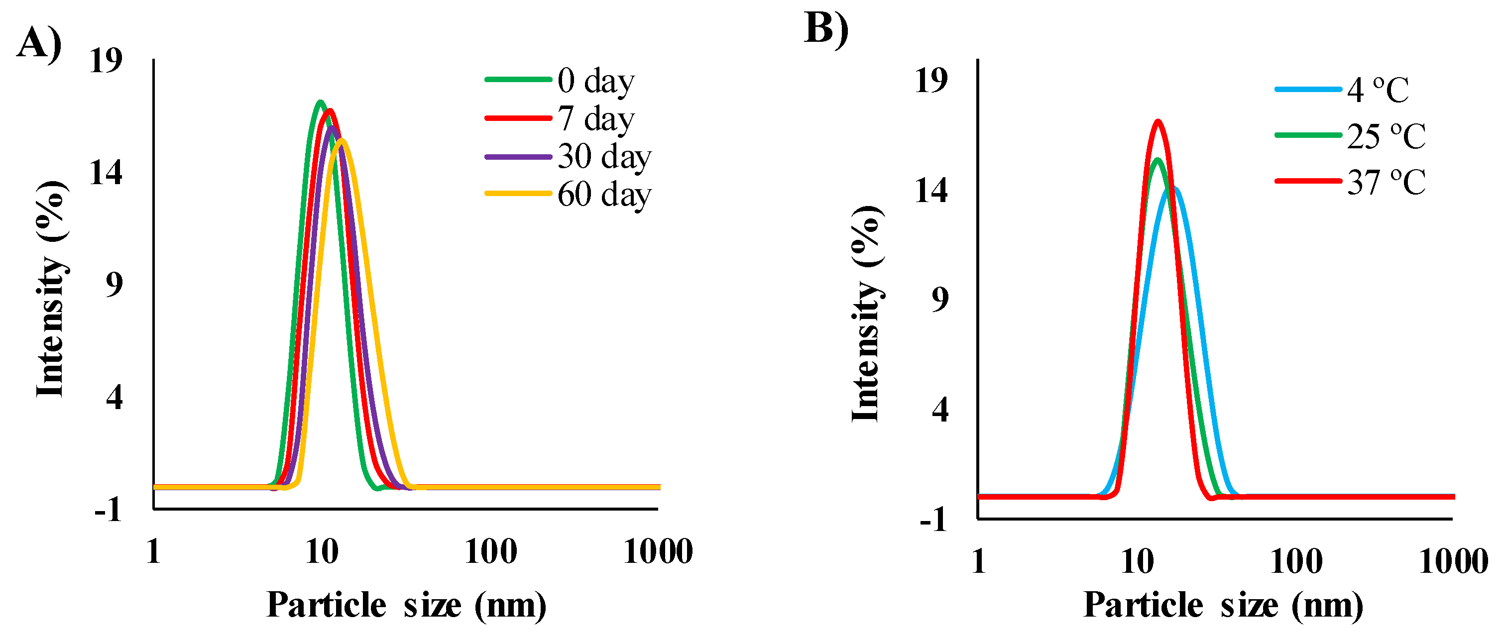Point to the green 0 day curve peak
pyautogui.click(x=319, y=102)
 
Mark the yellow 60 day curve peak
pyautogui.click(x=342, y=140)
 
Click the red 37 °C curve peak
pyautogui.click(x=1158, y=121)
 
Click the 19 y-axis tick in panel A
pyautogui.click(x=106, y=60)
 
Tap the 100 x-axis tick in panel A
pyautogui.click(x=490, y=551)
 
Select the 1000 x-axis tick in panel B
pyautogui.click(x=1453, y=562)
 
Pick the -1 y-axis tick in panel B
pyautogui.click(x=933, y=519)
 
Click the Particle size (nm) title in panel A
pyautogui.click(x=406, y=605)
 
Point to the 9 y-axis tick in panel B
pyautogui.click(x=940, y=300)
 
